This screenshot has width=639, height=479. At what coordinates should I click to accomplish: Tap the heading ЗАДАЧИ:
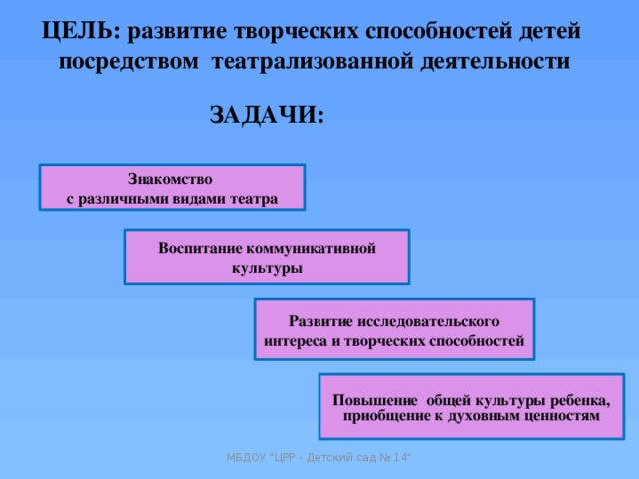[267, 115]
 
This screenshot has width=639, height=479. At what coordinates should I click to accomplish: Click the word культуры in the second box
[267, 269]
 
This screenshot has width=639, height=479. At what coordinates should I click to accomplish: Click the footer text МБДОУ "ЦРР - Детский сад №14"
[319, 457]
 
